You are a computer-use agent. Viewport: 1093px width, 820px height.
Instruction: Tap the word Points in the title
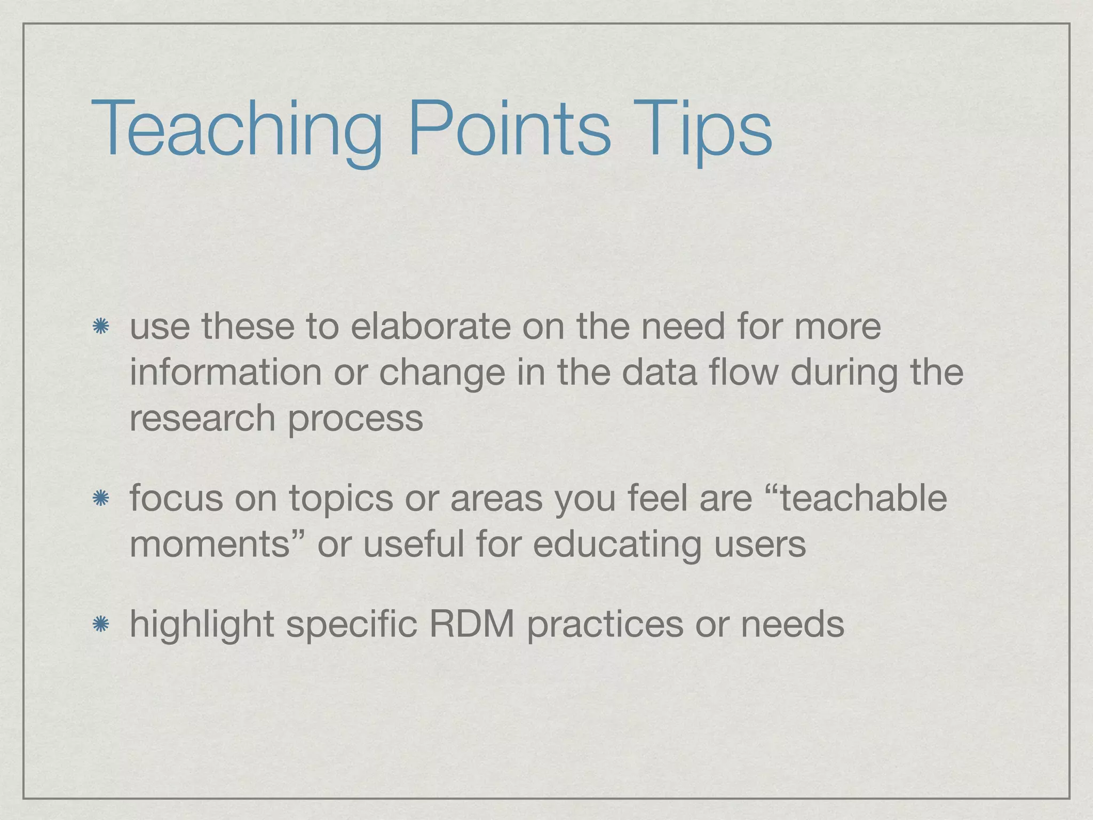click(x=509, y=131)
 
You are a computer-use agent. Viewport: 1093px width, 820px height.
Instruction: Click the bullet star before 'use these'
click(x=100, y=327)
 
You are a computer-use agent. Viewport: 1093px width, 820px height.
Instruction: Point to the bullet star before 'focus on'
click(x=100, y=499)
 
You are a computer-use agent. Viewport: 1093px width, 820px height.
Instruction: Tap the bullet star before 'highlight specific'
click(x=100, y=624)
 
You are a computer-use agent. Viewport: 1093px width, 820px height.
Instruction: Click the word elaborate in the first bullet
click(x=430, y=326)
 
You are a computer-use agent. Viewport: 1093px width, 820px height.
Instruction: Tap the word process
click(x=355, y=420)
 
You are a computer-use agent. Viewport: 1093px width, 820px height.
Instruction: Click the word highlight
click(x=202, y=625)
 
